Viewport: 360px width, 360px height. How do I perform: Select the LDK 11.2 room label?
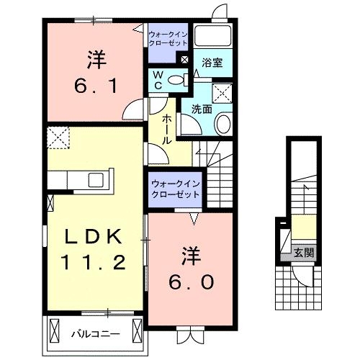(x=91, y=248)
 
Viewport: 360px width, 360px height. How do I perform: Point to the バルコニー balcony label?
(x=94, y=333)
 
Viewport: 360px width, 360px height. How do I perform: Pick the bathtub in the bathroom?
(x=211, y=37)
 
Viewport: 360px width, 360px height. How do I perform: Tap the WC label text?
(x=158, y=80)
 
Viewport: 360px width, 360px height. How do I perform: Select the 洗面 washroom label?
(x=201, y=109)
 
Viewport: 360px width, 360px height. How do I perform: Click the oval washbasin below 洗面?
(x=223, y=123)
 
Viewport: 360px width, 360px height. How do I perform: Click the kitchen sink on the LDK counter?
(x=96, y=180)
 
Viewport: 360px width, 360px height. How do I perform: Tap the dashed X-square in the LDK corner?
(x=57, y=135)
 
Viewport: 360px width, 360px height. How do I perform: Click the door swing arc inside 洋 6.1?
(x=132, y=111)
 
